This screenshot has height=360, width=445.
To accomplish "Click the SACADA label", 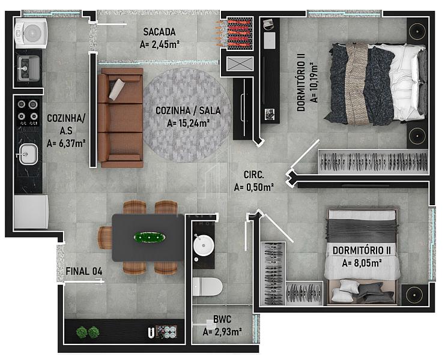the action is (159, 32).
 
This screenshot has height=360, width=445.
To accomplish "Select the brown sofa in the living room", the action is (120, 118).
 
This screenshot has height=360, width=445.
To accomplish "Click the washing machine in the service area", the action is (31, 33).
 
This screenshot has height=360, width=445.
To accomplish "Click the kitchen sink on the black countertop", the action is (28, 154).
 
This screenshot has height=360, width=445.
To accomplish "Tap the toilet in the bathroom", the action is (207, 286).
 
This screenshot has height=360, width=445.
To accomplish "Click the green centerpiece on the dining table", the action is (150, 237).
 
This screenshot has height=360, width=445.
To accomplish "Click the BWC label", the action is (222, 319).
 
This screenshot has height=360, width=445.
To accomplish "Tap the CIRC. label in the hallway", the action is (253, 175).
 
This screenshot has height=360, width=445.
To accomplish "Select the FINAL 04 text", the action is (84, 271).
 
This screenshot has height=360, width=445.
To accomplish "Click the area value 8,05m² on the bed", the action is (366, 263).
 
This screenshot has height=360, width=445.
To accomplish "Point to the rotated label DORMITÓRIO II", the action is (301, 82).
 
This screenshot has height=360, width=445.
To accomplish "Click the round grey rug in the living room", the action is (187, 115).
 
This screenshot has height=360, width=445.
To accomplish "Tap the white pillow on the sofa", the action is (117, 89).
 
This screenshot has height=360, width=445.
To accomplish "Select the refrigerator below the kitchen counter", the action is (31, 211).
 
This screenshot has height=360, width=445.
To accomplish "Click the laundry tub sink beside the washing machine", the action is (29, 68).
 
